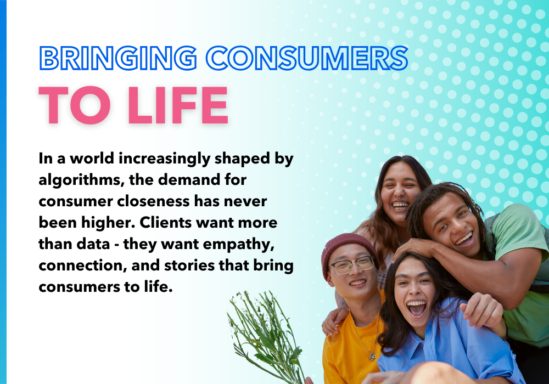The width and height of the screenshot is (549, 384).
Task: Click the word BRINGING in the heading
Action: point(119,58)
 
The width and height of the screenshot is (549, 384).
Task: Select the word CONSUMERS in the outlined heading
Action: point(307,58)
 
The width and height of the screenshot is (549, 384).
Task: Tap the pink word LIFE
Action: point(178,105)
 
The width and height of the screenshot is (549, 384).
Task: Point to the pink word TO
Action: point(75,105)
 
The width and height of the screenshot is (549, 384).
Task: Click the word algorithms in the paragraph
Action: point(82,180)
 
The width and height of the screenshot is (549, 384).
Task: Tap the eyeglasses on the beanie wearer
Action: point(352,265)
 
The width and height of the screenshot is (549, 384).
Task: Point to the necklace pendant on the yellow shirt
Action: point(372,357)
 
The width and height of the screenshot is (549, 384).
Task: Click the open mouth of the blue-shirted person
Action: point(416,308)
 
